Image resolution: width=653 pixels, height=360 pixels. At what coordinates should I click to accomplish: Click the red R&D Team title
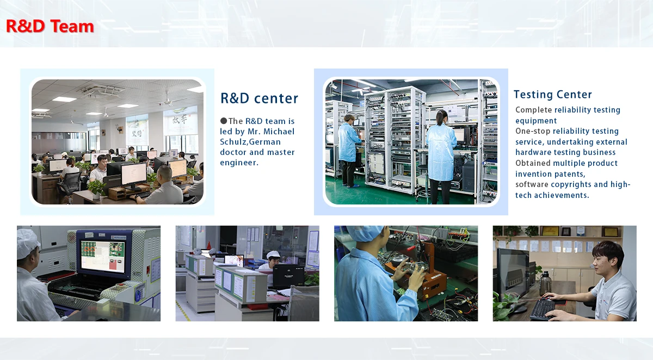click(50, 26)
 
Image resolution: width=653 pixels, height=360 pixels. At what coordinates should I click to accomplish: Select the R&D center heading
click(259, 98)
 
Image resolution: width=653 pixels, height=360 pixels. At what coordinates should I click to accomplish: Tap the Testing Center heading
click(553, 95)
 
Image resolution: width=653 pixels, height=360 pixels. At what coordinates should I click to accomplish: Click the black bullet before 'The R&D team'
click(224, 121)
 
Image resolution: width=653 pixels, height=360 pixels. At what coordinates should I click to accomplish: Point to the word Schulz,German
click(250, 142)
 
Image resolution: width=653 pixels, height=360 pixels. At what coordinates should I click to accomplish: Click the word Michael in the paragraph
click(279, 132)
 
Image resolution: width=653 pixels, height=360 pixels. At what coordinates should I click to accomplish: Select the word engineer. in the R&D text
click(239, 163)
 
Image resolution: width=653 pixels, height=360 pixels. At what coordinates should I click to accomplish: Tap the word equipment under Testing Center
click(536, 121)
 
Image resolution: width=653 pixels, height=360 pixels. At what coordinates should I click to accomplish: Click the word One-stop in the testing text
click(533, 132)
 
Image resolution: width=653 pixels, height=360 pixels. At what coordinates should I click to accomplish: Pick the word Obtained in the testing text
click(533, 163)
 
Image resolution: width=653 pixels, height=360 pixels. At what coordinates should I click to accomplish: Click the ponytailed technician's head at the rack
click(442, 117)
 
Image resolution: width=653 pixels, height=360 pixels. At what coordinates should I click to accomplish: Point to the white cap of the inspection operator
click(28, 243)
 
